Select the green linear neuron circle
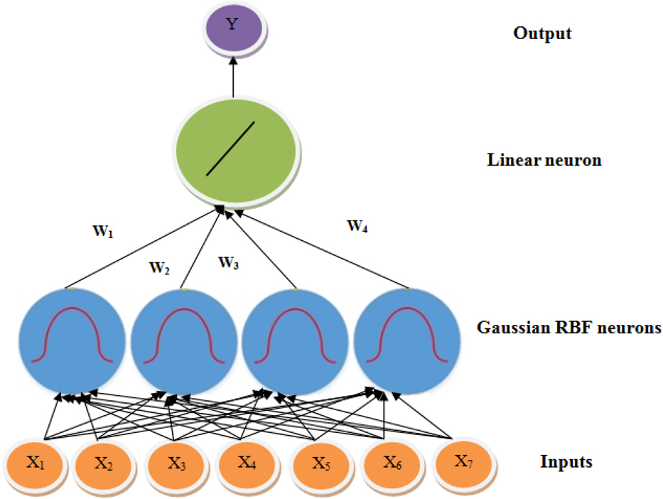pos(235,151)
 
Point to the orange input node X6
pos(393,465)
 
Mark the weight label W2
pos(159,269)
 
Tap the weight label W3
pos(228,263)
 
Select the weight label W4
pos(357,227)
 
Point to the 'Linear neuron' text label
pos(544,160)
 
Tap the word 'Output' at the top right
pos(542,33)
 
